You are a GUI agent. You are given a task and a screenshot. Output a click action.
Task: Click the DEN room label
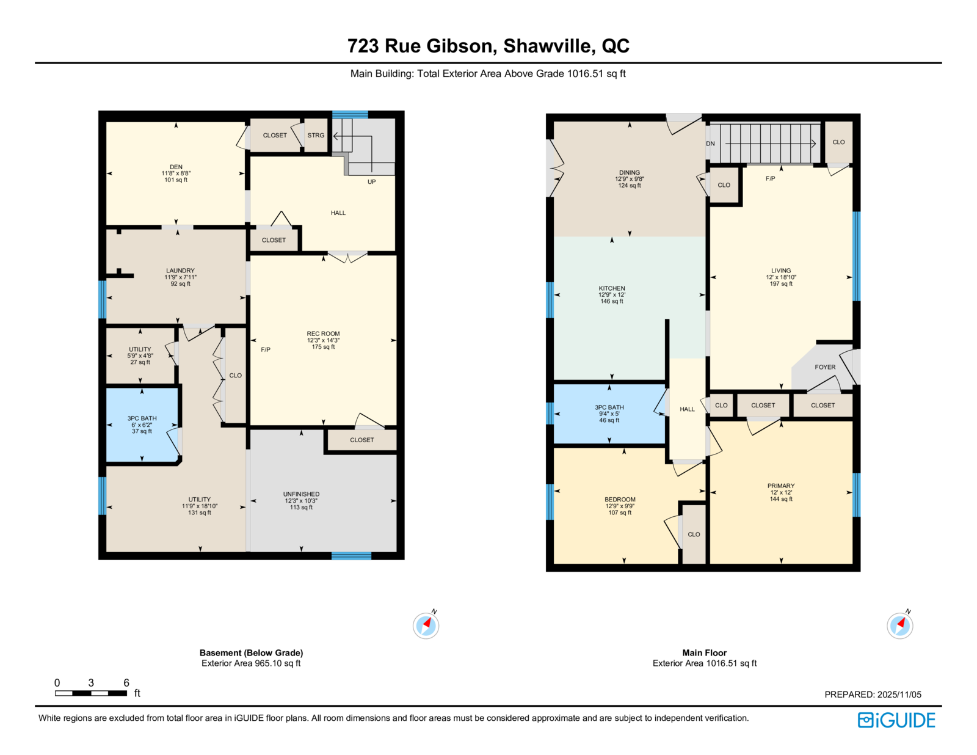(x=176, y=167)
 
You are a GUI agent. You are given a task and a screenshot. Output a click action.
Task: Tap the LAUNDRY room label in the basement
(x=180, y=271)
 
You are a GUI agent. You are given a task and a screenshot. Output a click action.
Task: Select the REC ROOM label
(x=323, y=334)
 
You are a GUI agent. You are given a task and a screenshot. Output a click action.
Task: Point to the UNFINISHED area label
(x=301, y=494)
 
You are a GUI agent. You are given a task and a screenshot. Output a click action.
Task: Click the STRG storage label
(x=316, y=136)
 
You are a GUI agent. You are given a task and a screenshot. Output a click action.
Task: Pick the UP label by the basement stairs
(x=371, y=181)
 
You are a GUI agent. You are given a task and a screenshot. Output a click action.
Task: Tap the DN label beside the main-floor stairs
(x=710, y=144)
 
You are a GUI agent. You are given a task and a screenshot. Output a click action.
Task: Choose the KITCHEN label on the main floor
(x=611, y=288)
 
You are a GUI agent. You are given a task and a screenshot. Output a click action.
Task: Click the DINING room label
(x=630, y=172)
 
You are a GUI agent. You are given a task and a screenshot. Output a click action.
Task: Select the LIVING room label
(x=781, y=271)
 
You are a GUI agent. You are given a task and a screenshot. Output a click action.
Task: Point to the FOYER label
(x=825, y=367)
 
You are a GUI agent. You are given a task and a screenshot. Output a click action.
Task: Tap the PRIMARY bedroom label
(x=781, y=486)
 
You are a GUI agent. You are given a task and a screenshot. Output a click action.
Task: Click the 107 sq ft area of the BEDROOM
(x=620, y=512)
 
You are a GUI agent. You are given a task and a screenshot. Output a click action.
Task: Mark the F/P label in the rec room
(x=266, y=349)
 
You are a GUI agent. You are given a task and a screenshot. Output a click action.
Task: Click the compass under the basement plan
(x=426, y=625)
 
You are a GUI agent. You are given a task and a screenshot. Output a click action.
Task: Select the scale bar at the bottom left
(x=91, y=693)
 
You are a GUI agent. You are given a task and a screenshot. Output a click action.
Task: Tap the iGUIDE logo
(x=896, y=720)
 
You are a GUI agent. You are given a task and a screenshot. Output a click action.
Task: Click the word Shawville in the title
(x=547, y=46)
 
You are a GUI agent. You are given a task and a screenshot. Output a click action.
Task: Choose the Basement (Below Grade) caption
(x=252, y=652)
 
